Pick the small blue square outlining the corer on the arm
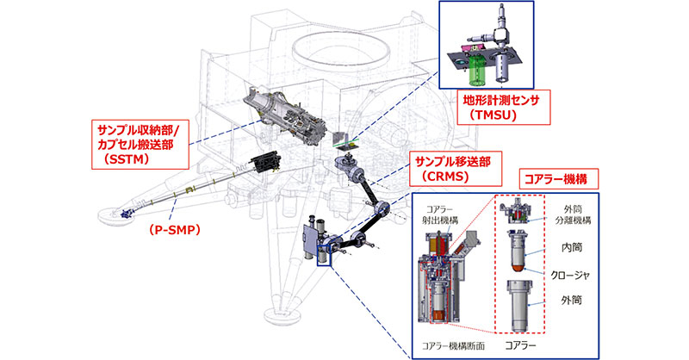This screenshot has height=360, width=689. tap(324, 258)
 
